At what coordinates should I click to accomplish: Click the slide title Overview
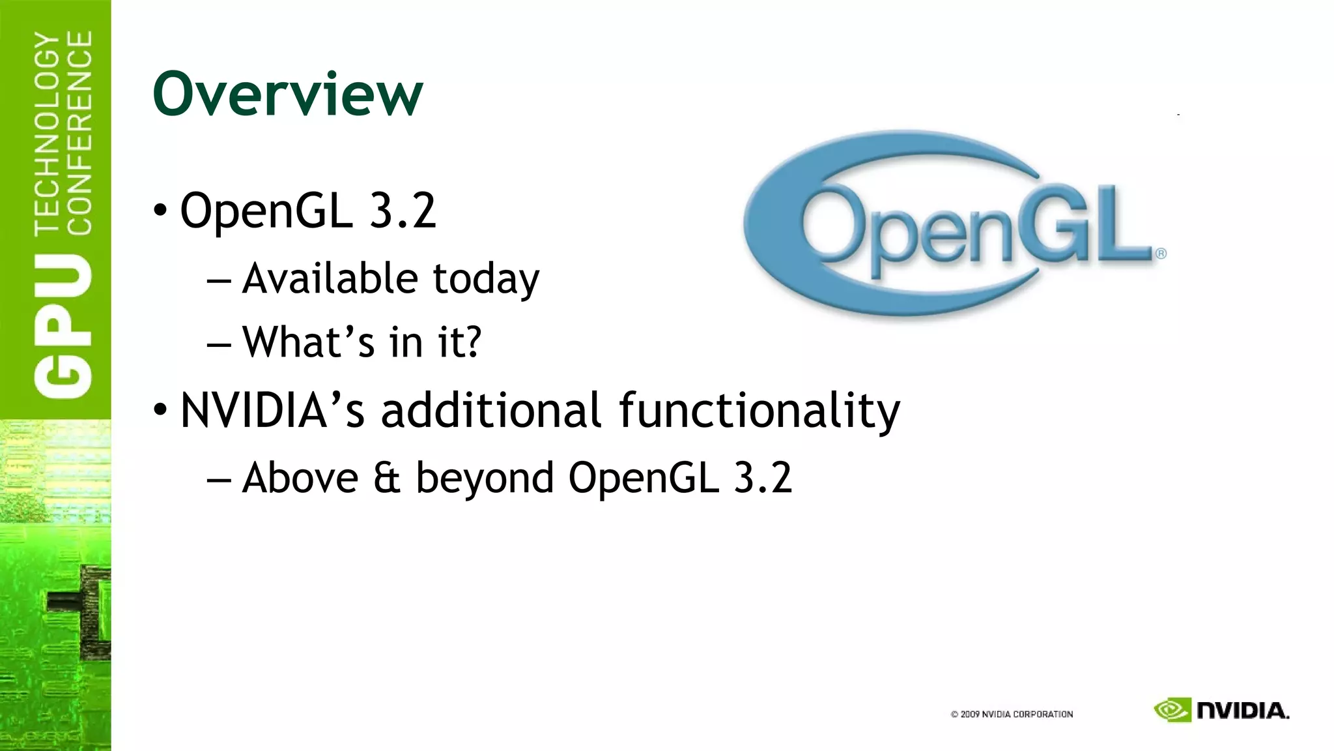coord(287,95)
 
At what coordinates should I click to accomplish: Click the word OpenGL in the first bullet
coord(266,211)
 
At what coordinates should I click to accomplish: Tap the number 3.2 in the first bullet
coord(403,211)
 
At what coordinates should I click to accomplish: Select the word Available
coord(329,278)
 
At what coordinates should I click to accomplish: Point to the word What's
coord(308,342)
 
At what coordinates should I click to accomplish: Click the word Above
coord(300,478)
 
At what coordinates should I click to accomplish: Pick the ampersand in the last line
coord(387,478)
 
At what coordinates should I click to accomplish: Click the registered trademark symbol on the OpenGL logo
coord(1161,254)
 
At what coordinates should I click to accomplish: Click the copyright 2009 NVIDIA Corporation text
coord(1012,714)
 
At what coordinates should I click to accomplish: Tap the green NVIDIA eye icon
coord(1172,710)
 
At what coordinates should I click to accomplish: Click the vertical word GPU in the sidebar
coord(63,326)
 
